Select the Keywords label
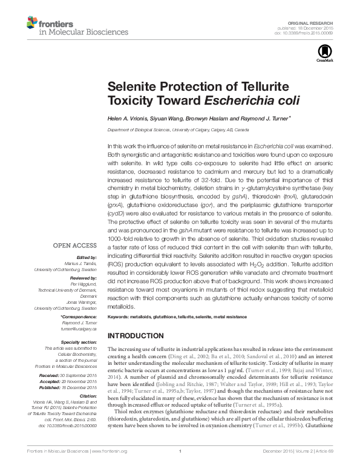pyautogui.click(x=119, y=317)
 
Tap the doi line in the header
pyautogui.click(x=304, y=33)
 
